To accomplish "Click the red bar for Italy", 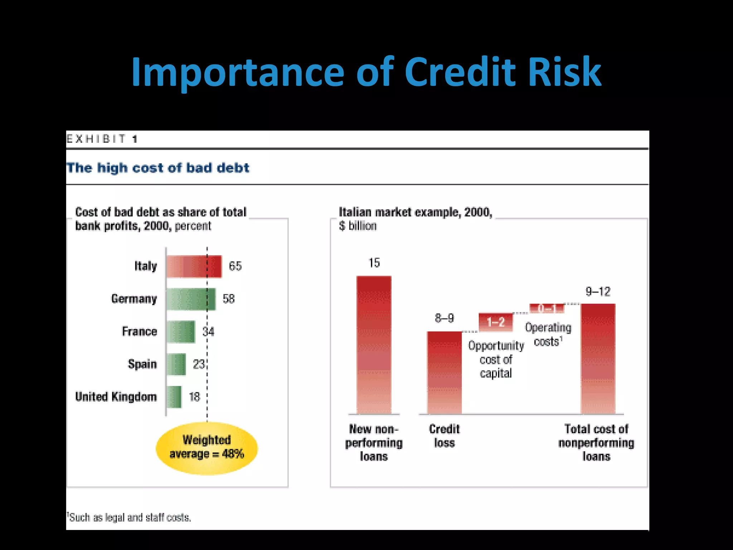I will tap(194, 266).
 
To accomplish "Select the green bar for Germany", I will tap(191, 299).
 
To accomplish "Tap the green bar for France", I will tap(181, 332).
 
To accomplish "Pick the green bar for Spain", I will tap(176, 365).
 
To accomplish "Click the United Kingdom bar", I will tap(174, 397).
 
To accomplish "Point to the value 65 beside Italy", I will tap(235, 266).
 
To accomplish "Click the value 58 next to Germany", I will tap(229, 299).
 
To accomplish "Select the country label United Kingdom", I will tap(116, 397).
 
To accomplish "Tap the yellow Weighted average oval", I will tap(207, 448).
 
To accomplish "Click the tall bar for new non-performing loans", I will tap(374, 344).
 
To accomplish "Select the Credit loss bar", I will tap(444, 372).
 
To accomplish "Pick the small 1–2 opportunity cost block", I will tap(496, 322).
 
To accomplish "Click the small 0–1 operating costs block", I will tap(547, 308).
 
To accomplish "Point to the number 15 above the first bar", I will tap(374, 263).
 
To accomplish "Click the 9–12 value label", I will tap(598, 292).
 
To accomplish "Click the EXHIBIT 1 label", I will tap(102, 139).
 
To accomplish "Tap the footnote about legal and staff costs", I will tap(129, 517).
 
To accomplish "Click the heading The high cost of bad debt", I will tap(158, 168).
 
